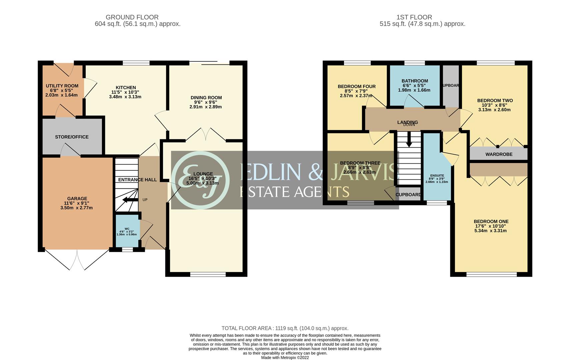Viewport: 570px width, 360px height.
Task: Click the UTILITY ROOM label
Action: pos(62,86)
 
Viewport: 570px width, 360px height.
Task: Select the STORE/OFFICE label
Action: pos(72,137)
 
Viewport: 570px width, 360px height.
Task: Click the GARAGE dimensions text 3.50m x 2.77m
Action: pos(76,208)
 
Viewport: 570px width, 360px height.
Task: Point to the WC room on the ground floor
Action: pos(127,231)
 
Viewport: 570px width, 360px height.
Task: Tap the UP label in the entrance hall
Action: pos(145,200)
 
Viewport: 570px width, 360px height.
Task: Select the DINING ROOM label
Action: pos(206,98)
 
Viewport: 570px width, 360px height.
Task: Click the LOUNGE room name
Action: pos(203,174)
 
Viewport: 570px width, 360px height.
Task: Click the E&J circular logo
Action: pos(201,180)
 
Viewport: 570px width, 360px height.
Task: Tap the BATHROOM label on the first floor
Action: pos(414,81)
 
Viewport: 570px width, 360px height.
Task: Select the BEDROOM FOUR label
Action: pos(356,87)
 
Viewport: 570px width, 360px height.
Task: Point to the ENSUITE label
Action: pos(437,175)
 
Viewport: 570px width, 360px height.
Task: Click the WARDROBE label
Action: pos(499,154)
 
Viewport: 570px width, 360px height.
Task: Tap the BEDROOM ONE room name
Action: pos(491,222)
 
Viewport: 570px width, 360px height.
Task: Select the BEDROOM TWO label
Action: pos(495,101)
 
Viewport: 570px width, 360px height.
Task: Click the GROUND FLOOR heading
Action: pos(132,17)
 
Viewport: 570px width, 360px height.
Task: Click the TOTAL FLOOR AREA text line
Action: pos(285,328)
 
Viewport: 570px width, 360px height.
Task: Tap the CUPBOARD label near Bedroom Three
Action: pos(408,195)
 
